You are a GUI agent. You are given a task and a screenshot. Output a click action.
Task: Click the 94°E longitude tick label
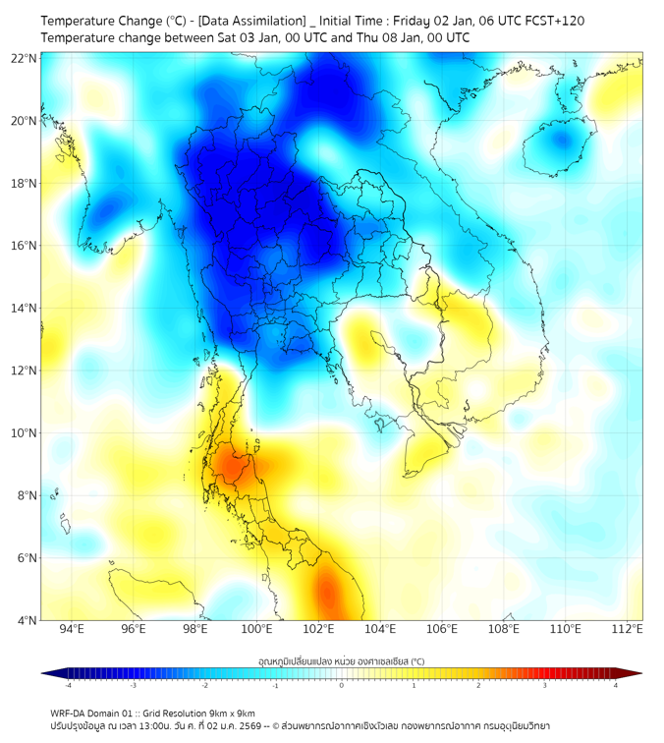tap(72, 629)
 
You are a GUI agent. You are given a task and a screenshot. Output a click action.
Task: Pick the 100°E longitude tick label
tap(256, 629)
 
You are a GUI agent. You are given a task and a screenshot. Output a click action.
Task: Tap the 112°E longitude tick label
tap(627, 629)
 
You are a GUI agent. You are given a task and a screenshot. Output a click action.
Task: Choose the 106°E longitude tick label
tap(442, 629)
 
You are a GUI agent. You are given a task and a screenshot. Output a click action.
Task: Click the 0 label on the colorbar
tap(342, 685)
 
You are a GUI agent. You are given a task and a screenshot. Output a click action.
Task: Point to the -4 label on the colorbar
tap(67, 685)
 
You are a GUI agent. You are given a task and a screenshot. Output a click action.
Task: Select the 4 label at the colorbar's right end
tap(616, 685)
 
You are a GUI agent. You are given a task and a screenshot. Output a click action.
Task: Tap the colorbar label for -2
tap(203, 685)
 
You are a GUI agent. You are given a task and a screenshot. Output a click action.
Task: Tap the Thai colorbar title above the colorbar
tap(342, 660)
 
